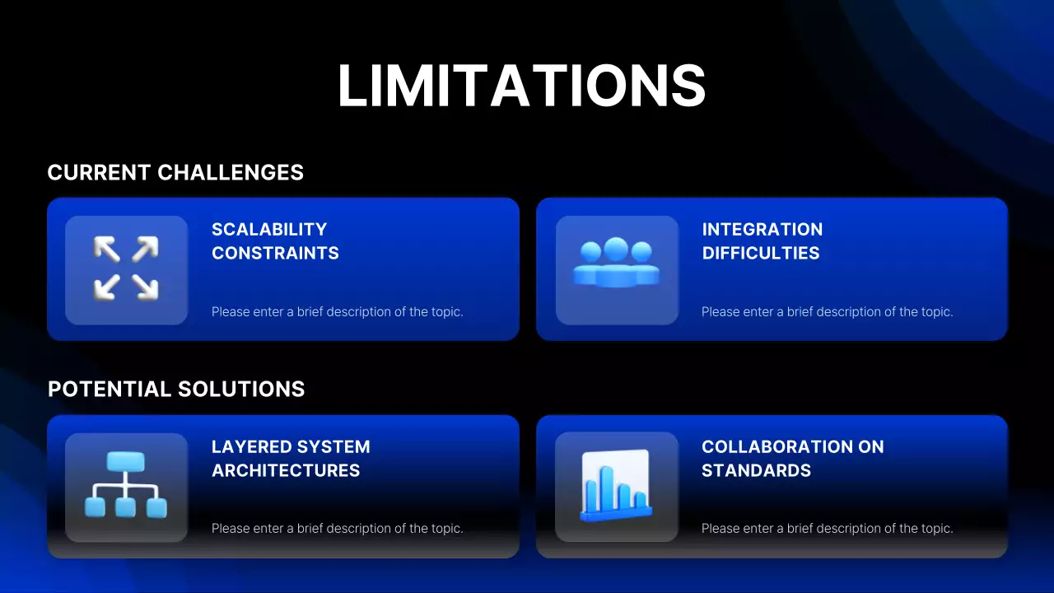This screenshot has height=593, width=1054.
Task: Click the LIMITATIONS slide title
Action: tap(522, 85)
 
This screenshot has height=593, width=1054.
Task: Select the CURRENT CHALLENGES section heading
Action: tap(175, 173)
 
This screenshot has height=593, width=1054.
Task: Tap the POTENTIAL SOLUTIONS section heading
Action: tap(176, 390)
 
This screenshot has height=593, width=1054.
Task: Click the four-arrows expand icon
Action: tap(126, 268)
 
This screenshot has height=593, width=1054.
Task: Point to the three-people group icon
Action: tap(616, 263)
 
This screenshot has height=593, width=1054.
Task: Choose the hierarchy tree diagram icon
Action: tap(125, 485)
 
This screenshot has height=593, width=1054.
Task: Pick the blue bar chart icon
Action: tap(616, 486)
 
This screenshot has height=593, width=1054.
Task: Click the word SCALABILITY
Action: tap(269, 230)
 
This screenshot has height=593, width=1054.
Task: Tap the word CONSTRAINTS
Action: tap(275, 254)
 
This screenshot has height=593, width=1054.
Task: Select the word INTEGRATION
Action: tap(762, 230)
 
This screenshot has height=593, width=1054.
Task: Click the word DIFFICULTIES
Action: tap(760, 254)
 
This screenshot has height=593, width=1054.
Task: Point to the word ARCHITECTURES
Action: tap(286, 471)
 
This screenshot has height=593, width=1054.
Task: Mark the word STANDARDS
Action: tap(756, 471)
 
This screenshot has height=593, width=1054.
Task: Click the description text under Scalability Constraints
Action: tap(337, 312)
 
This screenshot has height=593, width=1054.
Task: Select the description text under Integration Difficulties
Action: tap(827, 312)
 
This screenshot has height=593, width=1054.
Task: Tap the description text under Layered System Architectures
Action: tap(337, 529)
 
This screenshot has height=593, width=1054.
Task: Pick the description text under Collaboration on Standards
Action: tap(827, 529)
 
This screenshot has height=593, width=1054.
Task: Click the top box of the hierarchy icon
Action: tap(125, 461)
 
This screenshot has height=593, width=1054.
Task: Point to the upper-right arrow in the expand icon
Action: tap(145, 249)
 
